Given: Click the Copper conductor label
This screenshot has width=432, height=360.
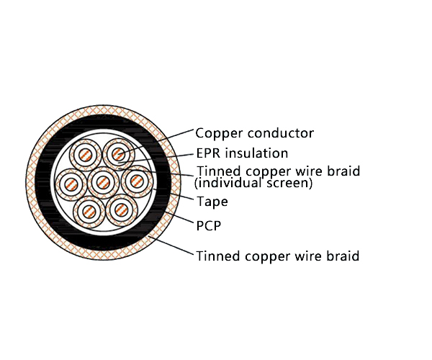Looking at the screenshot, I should coord(255,133).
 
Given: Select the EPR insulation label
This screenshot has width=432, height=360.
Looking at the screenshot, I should coord(242,153).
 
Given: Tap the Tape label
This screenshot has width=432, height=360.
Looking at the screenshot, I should coord(212,202).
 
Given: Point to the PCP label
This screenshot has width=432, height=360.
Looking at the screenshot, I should coord(208,225).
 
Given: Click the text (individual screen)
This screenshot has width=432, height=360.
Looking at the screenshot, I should coord(253,184).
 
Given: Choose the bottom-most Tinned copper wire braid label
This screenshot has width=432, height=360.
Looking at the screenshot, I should coord(277,256).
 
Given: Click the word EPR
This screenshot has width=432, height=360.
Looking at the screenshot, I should coord(207,153).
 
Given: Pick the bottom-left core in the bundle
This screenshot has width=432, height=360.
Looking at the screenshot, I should coord(89,210).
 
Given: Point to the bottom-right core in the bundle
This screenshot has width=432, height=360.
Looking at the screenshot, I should coord(120,210).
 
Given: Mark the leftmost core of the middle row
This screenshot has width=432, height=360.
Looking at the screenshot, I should coord(71,183).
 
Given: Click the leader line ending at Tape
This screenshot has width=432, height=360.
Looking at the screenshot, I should coord(176,194).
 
